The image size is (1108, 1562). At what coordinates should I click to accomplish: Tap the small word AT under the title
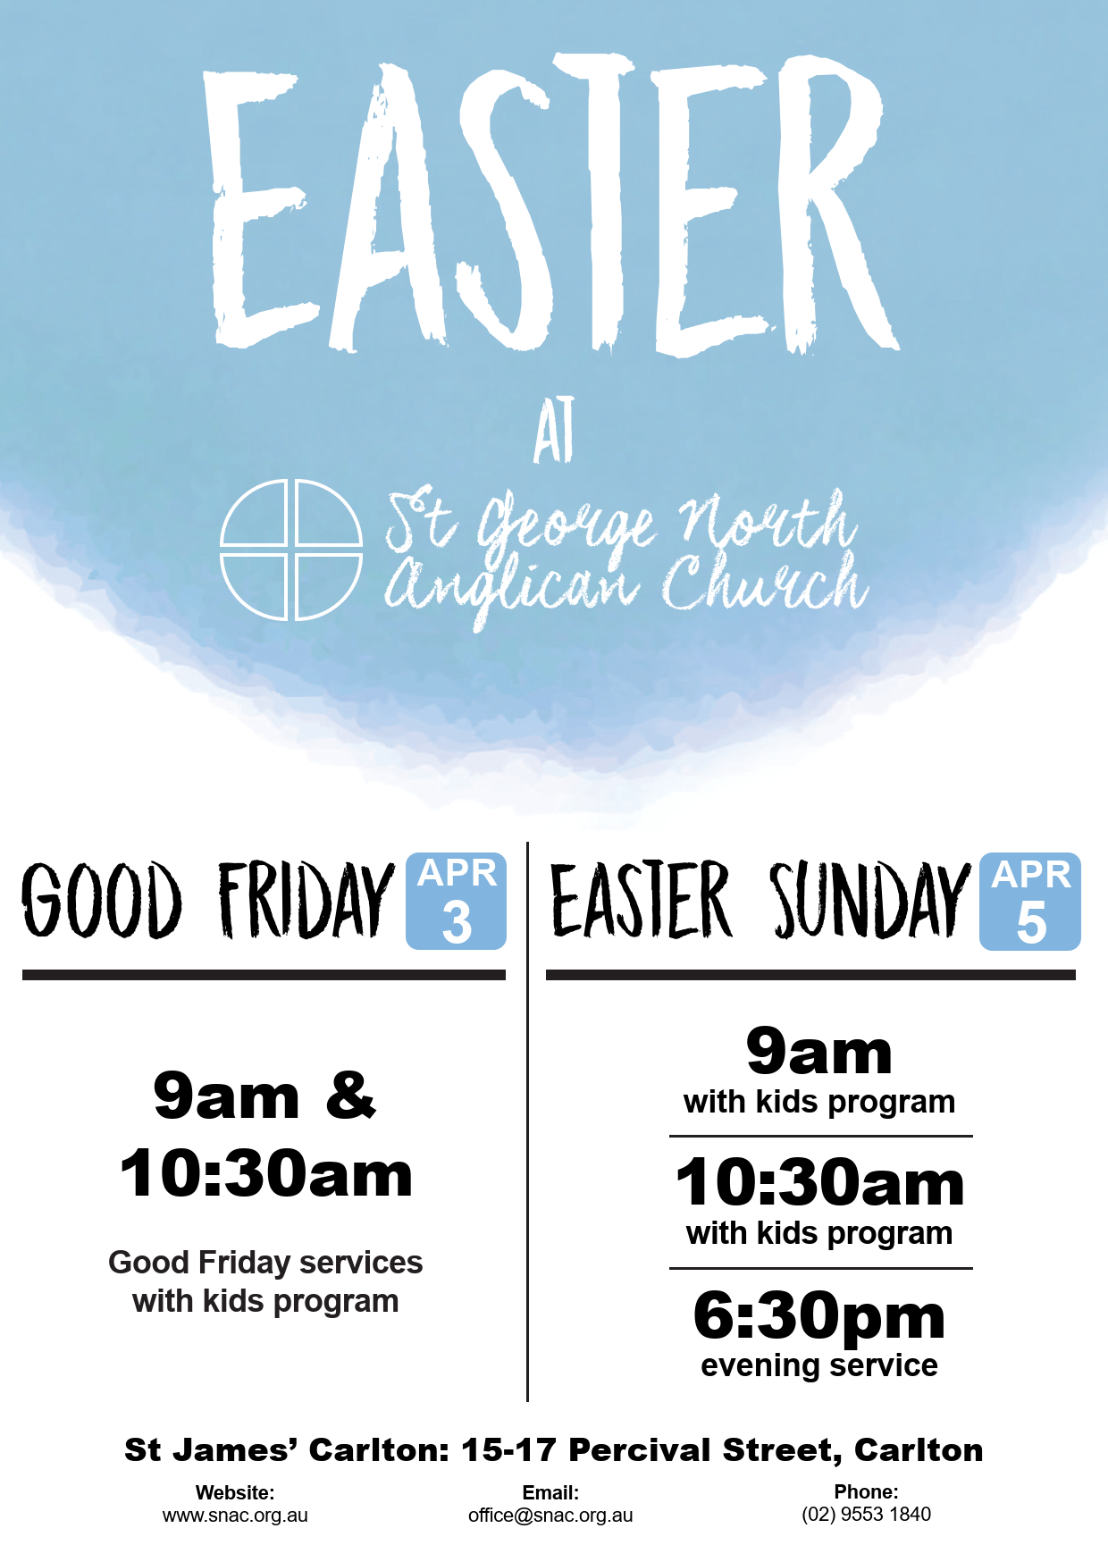point(554,431)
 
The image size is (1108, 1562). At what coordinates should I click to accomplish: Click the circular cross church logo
point(291,550)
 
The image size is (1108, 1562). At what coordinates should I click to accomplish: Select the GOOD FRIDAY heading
point(207,900)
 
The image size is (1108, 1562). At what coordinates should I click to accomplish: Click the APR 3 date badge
point(457,901)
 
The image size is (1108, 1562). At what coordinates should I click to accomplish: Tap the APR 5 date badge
point(1030,902)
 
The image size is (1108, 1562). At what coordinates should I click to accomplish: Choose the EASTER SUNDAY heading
point(760,900)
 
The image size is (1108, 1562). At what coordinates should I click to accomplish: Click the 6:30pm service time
point(819,1315)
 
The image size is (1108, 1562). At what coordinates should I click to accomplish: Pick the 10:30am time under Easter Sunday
point(820,1182)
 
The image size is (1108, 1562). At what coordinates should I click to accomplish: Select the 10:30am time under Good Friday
point(266,1173)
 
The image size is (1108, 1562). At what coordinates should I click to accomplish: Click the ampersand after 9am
point(351,1095)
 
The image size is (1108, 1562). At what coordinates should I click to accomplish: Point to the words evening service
point(819,1365)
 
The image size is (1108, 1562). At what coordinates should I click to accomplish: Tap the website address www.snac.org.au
point(235,1516)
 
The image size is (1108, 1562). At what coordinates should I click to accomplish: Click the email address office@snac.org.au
point(550,1516)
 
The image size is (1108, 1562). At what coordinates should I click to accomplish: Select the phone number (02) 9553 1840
point(867,1515)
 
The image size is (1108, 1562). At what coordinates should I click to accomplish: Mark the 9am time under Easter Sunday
point(819,1052)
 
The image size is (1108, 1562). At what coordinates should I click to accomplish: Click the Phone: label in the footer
point(867,1491)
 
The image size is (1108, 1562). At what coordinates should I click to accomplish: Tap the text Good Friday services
point(265,1263)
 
